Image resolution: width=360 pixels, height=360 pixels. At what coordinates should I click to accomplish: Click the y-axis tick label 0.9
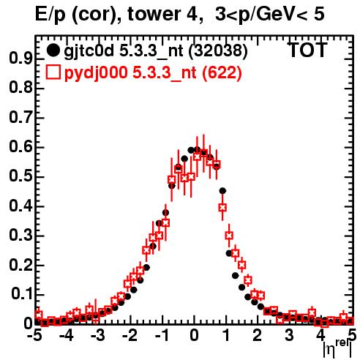tap(20, 59)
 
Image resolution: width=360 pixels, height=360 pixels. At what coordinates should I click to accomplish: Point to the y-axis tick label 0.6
tap(20, 147)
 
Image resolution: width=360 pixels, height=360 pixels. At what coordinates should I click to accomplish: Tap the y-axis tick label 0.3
tap(20, 236)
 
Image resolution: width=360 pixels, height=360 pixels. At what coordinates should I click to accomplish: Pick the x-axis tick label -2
tap(130, 336)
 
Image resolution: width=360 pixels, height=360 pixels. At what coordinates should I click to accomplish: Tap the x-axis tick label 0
tap(194, 336)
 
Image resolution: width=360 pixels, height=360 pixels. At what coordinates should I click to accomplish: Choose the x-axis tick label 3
tap(289, 336)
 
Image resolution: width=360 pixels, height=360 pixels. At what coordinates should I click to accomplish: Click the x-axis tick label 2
tap(258, 336)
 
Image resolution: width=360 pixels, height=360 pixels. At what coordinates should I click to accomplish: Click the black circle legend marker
tap(53, 50)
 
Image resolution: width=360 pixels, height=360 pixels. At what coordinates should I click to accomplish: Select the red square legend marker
tap(53, 72)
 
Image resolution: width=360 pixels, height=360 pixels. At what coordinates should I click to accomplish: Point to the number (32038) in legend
tap(218, 51)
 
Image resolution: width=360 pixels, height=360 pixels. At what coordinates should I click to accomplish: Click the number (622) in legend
tap(222, 73)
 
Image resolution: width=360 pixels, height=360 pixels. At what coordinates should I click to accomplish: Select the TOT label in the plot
tap(308, 50)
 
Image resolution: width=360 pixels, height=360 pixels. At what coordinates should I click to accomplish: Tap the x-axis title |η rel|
tap(338, 349)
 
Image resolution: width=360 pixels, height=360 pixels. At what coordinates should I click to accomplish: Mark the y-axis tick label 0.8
tap(20, 88)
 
